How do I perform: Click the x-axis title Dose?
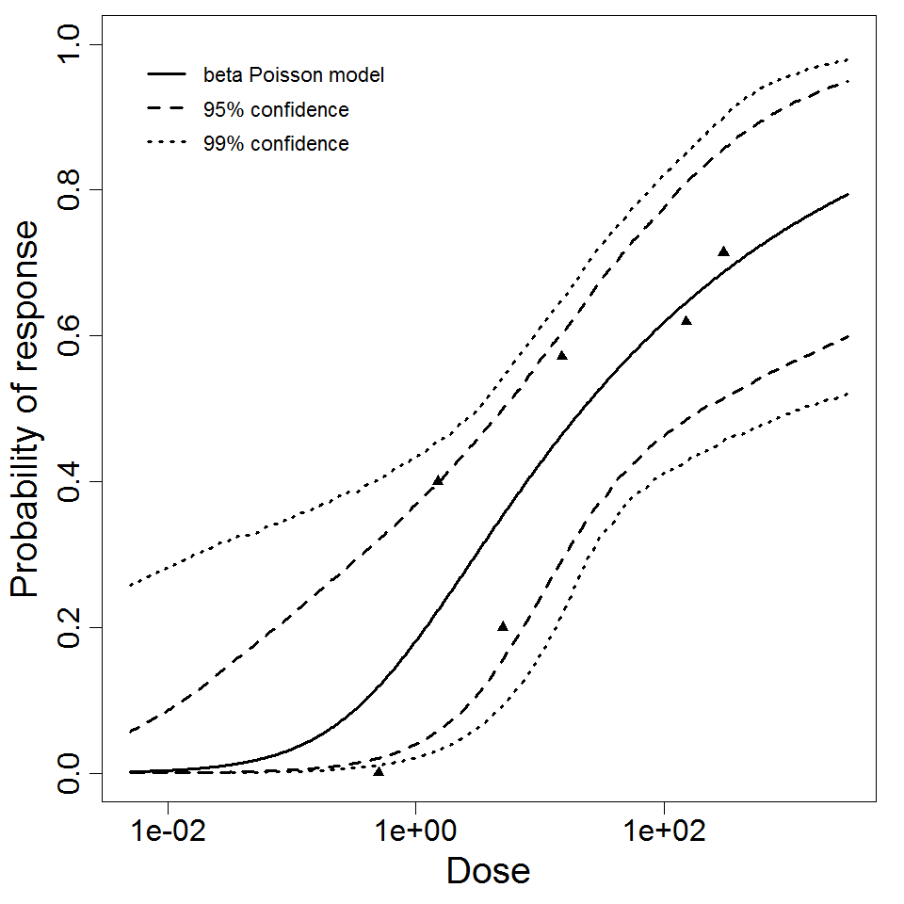pos(488,871)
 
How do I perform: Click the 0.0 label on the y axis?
pos(72,773)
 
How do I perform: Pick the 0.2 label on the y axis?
pos(72,627)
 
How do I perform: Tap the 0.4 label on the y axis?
pos(72,481)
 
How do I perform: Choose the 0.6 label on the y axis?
pos(72,336)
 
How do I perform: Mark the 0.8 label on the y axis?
pos(72,190)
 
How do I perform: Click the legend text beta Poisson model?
pos(293,74)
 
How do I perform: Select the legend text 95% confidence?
pos(276,110)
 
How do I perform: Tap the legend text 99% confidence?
pos(276,144)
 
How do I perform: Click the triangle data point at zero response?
pos(379,771)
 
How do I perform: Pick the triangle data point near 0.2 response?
pos(503,626)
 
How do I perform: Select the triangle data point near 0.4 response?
pos(438,480)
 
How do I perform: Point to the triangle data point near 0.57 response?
pos(562,355)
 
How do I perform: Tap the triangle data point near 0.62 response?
pos(686,320)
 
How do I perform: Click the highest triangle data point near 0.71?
pos(723,251)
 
